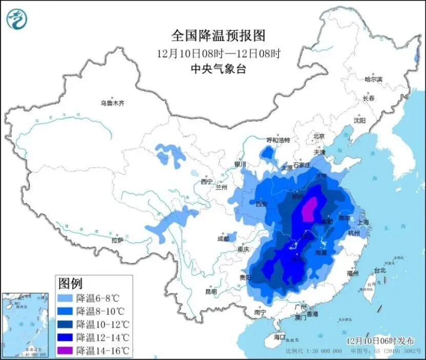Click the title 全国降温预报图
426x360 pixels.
(219, 35)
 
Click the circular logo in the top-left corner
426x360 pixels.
(17, 19)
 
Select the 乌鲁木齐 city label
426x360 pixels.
(112, 103)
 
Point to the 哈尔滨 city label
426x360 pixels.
(373, 79)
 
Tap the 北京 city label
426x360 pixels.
(319, 136)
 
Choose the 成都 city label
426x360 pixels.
(223, 238)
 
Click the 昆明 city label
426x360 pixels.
(211, 291)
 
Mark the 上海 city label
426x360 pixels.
(363, 222)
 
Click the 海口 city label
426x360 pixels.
(279, 337)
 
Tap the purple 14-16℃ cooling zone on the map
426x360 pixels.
(309, 210)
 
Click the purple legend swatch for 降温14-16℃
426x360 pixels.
(66, 351)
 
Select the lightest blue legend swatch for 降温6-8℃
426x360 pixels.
(66, 298)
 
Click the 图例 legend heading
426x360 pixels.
(70, 283)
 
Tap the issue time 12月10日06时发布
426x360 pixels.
(378, 341)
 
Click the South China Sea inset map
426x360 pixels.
(26, 325)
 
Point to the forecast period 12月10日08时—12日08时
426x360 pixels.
(219, 53)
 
